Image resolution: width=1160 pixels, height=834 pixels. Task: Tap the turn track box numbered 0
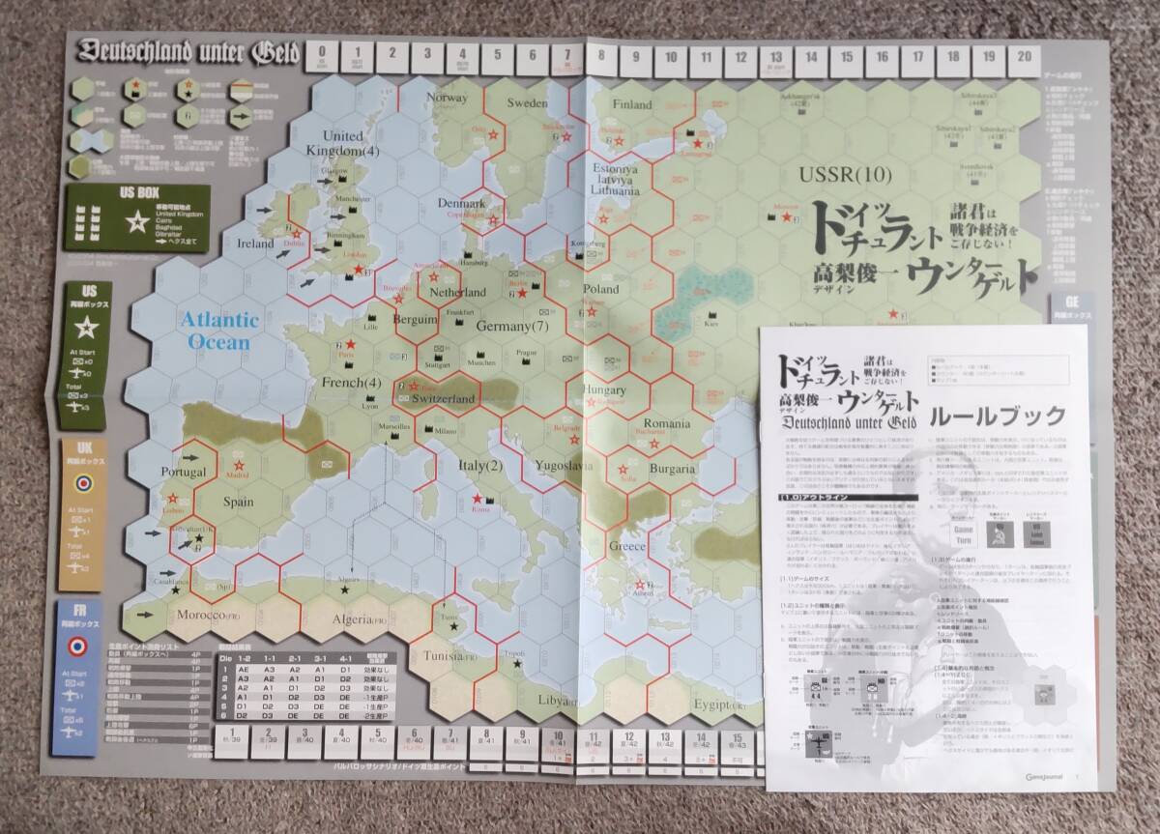click(x=322, y=57)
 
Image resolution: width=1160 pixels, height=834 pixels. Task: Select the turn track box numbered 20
click(x=1023, y=57)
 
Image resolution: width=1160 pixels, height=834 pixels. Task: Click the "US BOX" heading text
click(x=139, y=192)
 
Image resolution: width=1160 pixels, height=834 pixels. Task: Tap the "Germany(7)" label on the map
click(x=512, y=326)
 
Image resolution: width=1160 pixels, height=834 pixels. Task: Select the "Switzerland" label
click(x=443, y=398)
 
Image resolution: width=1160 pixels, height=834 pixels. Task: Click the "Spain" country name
click(x=239, y=502)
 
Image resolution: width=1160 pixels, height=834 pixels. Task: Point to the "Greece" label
click(x=626, y=547)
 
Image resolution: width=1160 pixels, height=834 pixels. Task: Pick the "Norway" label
click(x=448, y=99)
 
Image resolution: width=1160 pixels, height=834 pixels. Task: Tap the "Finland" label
click(x=633, y=104)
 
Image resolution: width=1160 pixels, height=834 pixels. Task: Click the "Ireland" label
click(x=256, y=244)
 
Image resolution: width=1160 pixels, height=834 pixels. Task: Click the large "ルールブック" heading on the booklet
click(x=997, y=417)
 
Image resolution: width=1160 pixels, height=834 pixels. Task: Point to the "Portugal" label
click(x=186, y=473)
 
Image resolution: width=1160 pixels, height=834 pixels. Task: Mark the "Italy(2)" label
click(x=479, y=467)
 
